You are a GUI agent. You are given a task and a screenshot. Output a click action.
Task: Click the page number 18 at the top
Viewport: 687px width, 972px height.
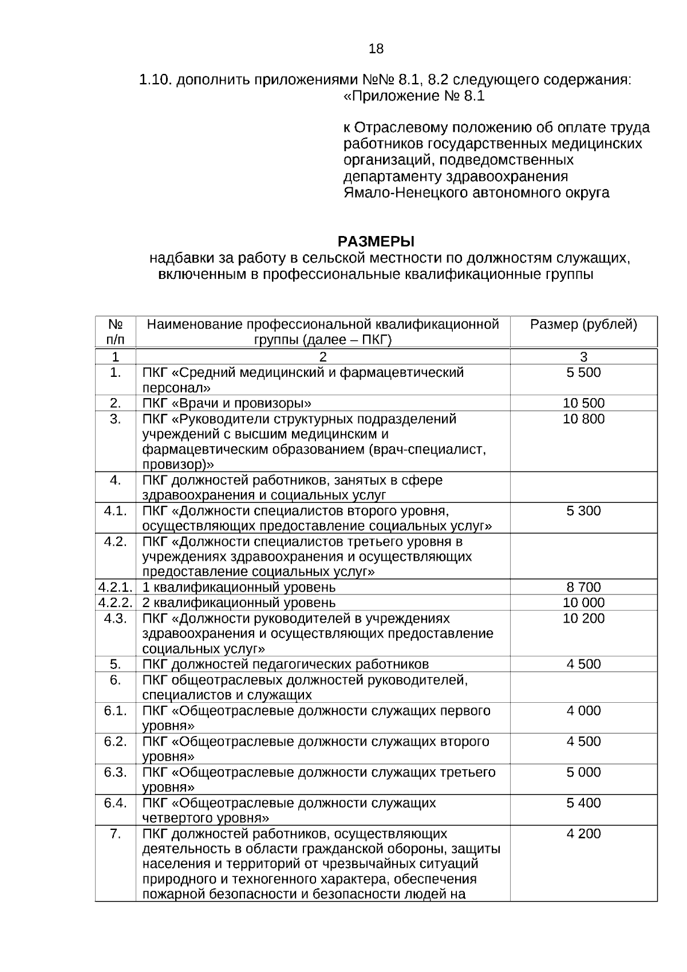[376, 49]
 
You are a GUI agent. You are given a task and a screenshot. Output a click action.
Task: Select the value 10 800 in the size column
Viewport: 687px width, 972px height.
[583, 419]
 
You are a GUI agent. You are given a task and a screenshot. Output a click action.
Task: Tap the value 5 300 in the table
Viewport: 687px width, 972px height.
[583, 511]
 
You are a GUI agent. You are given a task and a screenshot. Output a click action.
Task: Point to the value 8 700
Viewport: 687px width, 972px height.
[583, 587]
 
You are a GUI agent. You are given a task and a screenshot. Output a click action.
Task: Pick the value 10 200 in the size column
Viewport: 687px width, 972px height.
[583, 619]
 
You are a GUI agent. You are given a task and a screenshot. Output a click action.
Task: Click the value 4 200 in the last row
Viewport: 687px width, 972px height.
[583, 834]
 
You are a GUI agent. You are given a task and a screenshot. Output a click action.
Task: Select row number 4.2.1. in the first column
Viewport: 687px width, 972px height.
[116, 587]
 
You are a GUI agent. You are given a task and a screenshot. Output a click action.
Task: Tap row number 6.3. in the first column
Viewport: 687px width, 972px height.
[116, 772]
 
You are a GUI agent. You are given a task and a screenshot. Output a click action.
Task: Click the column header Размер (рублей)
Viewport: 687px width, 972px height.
[583, 325]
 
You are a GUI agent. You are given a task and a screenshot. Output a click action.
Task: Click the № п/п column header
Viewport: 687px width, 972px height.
[116, 332]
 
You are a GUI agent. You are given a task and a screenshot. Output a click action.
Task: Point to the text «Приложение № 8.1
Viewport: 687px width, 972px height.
[413, 96]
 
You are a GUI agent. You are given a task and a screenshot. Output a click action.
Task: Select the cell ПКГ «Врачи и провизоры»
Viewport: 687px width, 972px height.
[227, 403]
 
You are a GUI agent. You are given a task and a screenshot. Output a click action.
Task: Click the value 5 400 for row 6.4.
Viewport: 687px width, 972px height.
[583, 803]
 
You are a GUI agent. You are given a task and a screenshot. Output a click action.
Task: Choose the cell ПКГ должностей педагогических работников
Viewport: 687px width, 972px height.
[285, 664]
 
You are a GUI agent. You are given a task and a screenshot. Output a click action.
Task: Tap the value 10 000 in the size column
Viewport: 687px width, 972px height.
[583, 603]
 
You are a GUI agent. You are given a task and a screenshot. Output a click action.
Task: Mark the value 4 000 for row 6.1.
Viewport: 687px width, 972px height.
[583, 711]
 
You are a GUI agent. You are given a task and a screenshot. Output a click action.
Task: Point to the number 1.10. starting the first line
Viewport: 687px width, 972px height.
[155, 80]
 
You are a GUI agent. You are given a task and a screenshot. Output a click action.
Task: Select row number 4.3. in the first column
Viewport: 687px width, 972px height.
[116, 619]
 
